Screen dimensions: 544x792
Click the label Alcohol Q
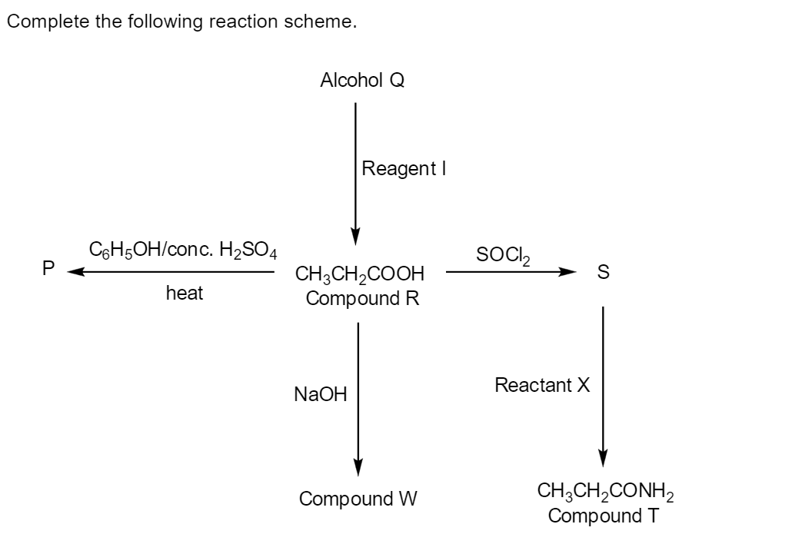coord(362,80)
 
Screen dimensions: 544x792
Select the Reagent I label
coord(404,168)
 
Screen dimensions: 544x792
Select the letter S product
coord(603,272)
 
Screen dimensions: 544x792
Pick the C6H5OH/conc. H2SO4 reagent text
coord(183,250)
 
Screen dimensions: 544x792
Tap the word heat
coord(185,293)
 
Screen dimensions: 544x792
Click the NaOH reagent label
coord(320,395)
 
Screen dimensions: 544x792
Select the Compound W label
coord(358,499)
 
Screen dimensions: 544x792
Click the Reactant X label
coord(542,385)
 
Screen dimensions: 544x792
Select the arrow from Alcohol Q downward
coord(355,169)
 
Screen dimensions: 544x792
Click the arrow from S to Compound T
coord(603,384)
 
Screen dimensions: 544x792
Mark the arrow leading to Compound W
coord(358,396)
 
